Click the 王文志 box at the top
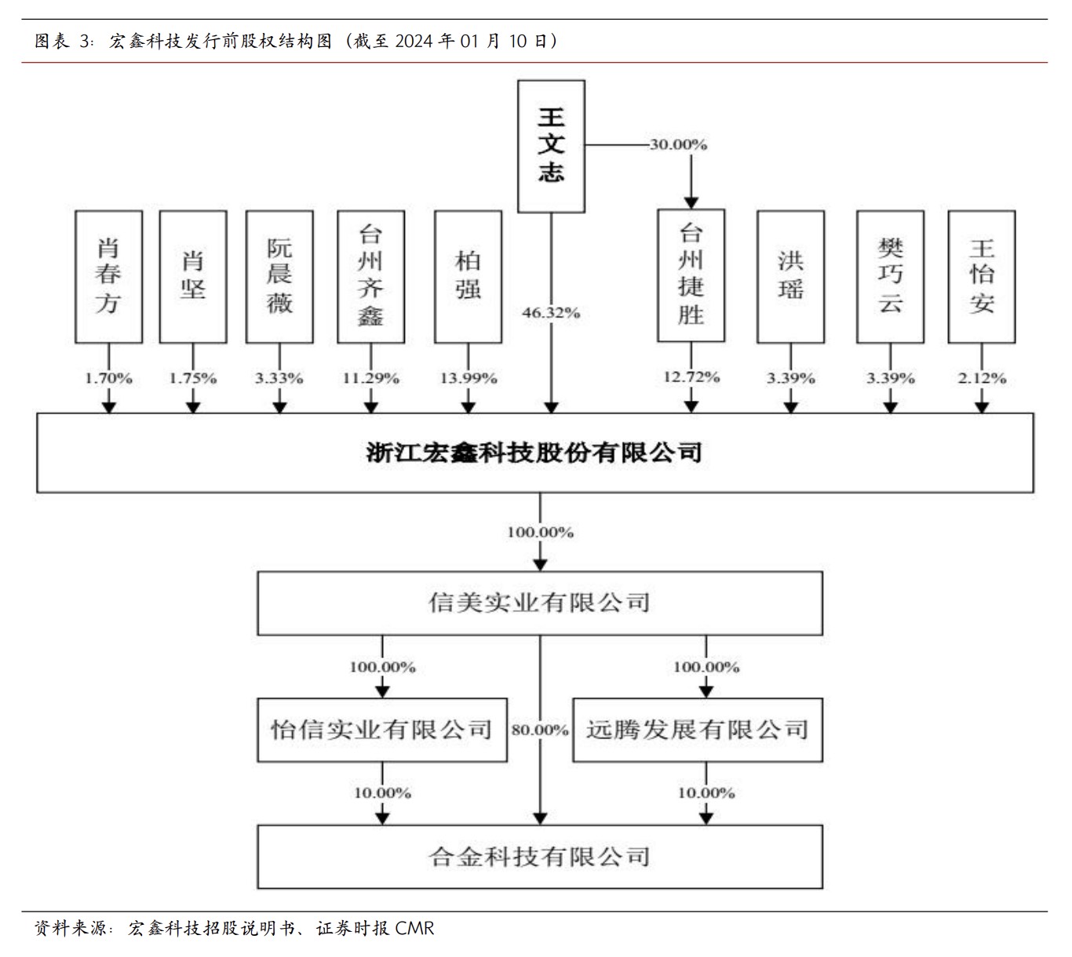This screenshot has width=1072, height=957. [x=551, y=146]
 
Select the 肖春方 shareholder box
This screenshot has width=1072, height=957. [x=108, y=276]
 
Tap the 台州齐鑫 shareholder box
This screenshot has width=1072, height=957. [x=370, y=276]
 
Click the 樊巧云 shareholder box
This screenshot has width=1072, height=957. [x=890, y=276]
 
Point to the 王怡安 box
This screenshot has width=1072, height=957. [x=981, y=276]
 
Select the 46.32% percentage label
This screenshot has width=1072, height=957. [x=551, y=313]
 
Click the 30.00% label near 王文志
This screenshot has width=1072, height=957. [x=678, y=145]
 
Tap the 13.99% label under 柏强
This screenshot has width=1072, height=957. [x=468, y=378]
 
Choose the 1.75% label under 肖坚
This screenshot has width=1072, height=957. [x=192, y=378]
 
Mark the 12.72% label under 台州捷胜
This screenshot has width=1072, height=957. [x=691, y=377]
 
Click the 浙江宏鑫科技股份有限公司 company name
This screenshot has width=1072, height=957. [x=534, y=453]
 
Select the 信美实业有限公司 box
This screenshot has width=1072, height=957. [x=540, y=602]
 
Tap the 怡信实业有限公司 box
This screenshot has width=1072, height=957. [x=382, y=730]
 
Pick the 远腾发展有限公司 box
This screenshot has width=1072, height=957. [x=698, y=730]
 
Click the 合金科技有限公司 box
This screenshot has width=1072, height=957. [x=540, y=856]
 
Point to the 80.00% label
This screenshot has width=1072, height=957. [x=540, y=730]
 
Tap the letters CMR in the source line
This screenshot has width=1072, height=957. [x=414, y=929]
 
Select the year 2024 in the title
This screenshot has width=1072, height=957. [x=414, y=41]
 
